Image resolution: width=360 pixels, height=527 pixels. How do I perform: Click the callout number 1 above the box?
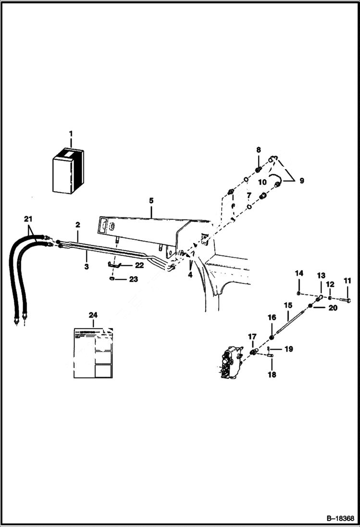pos(71,133)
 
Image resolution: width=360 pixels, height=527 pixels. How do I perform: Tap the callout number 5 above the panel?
pos(151,199)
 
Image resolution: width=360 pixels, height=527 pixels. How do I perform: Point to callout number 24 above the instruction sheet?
pos(93,315)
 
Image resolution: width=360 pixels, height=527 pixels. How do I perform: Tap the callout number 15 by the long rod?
pos(288,305)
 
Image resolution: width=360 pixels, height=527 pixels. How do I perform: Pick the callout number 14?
pos(299,273)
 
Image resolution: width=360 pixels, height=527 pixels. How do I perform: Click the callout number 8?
pos(258,150)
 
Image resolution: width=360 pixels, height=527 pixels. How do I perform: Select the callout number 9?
pos(302,181)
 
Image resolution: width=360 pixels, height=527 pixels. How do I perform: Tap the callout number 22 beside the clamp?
pos(139,265)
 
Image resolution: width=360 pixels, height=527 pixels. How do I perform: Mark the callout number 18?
pos(272,375)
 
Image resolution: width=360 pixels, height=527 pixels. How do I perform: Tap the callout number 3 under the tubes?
pos(87,266)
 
